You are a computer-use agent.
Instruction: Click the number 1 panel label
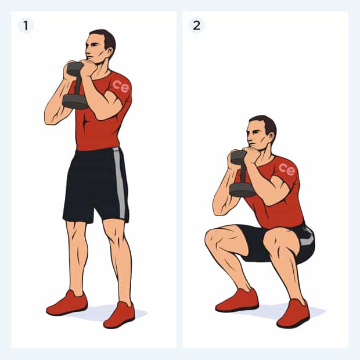point(26,26)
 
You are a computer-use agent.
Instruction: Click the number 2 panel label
point(196,26)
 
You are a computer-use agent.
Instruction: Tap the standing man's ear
point(110,52)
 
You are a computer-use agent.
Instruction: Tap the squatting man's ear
point(271,137)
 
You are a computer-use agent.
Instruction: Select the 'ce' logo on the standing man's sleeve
point(121,86)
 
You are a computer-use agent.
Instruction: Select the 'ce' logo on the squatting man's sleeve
point(287,170)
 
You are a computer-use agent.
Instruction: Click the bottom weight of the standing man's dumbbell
point(75,102)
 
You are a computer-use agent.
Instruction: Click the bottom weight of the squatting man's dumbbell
point(242,190)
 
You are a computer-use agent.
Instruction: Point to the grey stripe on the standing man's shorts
point(120,182)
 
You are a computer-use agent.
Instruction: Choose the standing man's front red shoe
point(119,315)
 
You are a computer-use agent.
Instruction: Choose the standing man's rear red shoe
point(67,303)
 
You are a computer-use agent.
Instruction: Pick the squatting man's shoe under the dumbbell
point(237,300)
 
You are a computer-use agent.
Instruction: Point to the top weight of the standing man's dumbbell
point(74,69)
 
